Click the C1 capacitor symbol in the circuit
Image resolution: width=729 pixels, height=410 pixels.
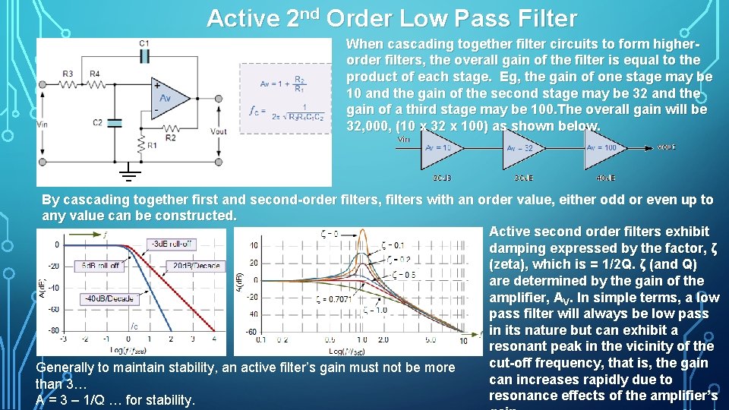tap(144, 56)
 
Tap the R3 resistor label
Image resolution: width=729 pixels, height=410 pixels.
tap(68, 74)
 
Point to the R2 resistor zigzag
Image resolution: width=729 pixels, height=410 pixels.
tap(170, 129)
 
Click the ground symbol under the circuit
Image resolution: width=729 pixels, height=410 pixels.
tap(130, 176)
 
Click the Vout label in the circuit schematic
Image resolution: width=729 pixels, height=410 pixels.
tap(219, 131)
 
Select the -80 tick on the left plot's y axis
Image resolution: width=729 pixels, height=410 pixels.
tap(54, 330)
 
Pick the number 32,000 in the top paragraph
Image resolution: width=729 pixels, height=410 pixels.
tap(370, 126)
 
